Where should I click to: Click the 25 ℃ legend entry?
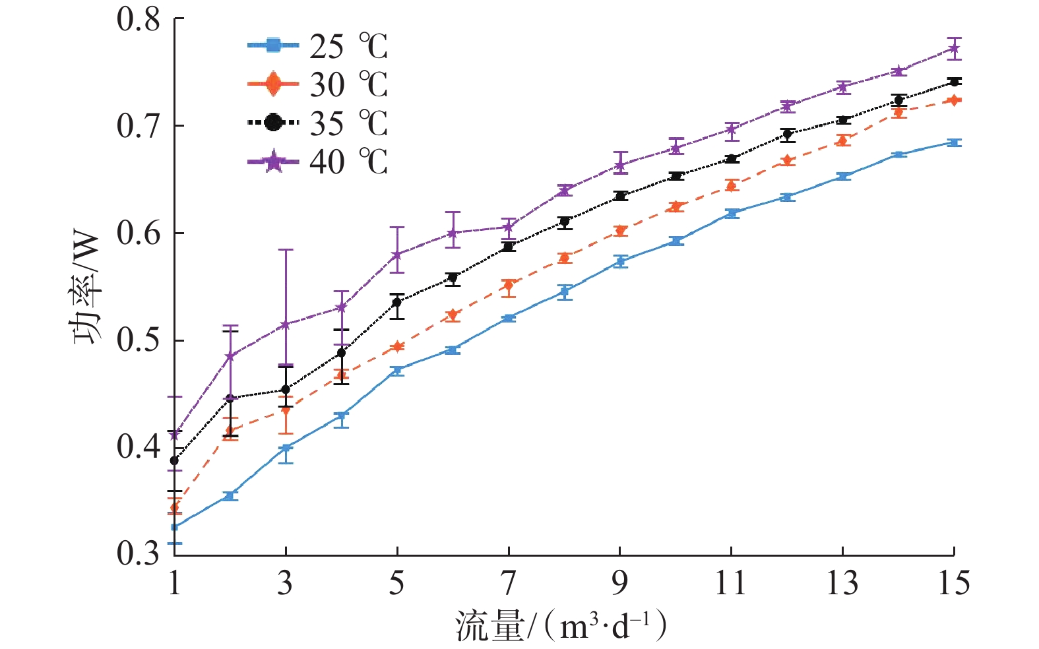[317, 46]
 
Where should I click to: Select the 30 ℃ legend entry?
[317, 84]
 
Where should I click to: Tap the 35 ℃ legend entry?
[317, 123]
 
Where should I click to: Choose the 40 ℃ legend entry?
[317, 162]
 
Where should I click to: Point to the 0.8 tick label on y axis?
[139, 20]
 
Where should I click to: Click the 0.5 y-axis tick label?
[139, 340]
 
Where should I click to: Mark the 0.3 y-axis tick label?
[139, 554]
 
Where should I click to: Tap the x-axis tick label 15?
[953, 584]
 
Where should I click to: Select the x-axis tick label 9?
[619, 584]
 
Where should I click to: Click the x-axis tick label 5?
[396, 584]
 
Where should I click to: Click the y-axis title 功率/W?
[86, 288]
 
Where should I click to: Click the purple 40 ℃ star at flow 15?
[954, 48]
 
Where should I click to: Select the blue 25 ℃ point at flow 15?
[954, 142]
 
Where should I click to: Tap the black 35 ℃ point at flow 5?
[396, 302]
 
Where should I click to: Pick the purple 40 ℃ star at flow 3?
[286, 324]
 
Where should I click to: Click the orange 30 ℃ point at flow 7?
[508, 285]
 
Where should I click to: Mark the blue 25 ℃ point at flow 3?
[286, 448]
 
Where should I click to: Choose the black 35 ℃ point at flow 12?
[787, 134]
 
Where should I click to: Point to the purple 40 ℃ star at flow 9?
[619, 165]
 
